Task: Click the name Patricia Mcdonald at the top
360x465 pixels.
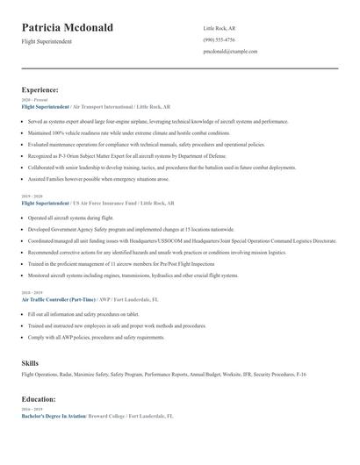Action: [x=68, y=28]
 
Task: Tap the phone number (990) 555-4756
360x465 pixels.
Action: [x=219, y=39]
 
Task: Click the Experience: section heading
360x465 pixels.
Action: [x=40, y=89]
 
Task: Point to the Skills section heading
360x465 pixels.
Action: [x=30, y=362]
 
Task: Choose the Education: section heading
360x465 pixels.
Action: [x=39, y=398]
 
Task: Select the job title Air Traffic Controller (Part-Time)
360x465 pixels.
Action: [x=58, y=298]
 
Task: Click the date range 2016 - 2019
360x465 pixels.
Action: [x=31, y=409]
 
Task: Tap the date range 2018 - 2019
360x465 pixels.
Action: [x=31, y=292]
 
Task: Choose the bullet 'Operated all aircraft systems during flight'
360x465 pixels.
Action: [x=71, y=217]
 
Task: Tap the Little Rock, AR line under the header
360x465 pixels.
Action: [x=219, y=28]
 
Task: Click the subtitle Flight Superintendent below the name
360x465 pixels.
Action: [x=47, y=41]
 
